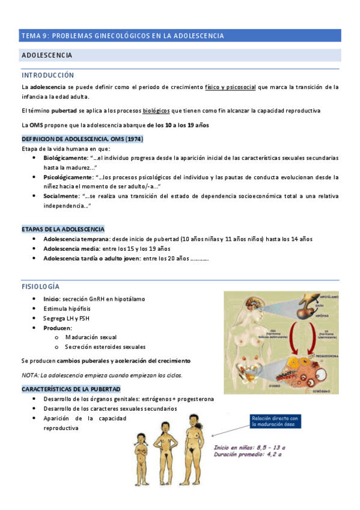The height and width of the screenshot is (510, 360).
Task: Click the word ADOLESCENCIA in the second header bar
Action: [x=47, y=55]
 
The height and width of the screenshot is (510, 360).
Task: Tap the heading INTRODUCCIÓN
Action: [x=47, y=75]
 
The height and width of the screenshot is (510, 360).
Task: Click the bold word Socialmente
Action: [x=63, y=196]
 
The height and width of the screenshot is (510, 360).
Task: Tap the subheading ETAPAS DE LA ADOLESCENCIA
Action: [x=63, y=229]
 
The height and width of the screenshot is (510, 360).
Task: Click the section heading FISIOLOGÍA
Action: [x=40, y=286]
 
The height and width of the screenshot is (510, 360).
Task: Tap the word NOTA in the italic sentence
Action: [x=30, y=375]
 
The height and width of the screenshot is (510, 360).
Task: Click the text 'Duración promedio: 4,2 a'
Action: [x=248, y=455]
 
